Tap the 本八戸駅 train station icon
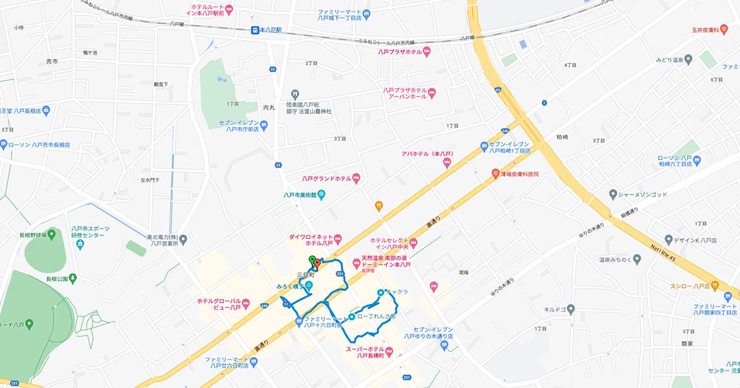(x=255, y=30)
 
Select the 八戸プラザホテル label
(x=400, y=52)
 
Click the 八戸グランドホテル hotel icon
(x=356, y=179)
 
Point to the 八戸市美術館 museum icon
(x=322, y=195)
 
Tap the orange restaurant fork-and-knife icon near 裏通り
(x=379, y=206)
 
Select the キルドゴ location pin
(x=570, y=309)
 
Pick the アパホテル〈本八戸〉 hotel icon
(x=447, y=163)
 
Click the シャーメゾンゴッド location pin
(x=612, y=195)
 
